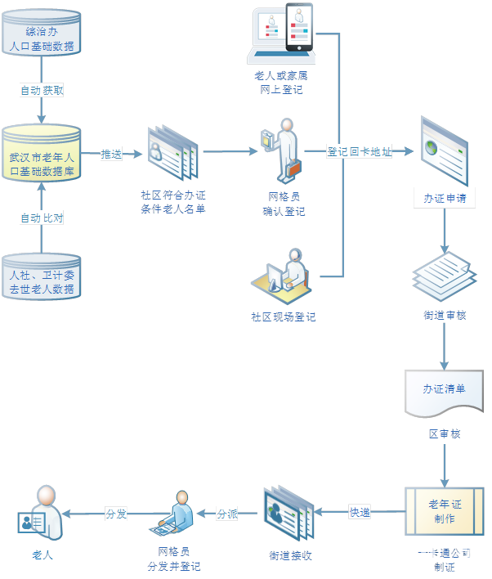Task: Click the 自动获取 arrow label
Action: [42, 91]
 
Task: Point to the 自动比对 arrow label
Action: [42, 218]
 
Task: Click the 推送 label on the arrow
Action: [111, 154]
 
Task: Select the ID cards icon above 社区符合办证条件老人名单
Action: [172, 153]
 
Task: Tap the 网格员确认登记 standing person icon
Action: [281, 150]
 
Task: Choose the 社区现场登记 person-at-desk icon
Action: [283, 276]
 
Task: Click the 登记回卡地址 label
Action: [359, 152]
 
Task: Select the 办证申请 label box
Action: [444, 199]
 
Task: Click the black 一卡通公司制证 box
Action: [443, 559]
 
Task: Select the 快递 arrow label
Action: [360, 513]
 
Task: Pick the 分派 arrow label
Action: [227, 514]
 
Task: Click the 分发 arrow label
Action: [116, 514]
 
